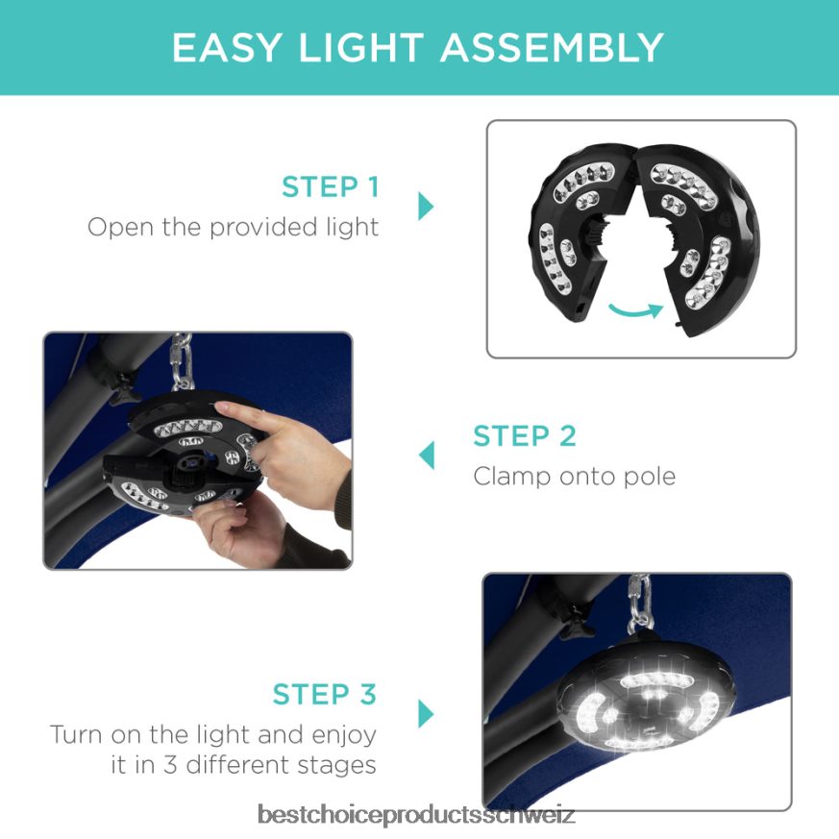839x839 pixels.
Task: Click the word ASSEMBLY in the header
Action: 552,48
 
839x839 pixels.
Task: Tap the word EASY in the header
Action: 227,48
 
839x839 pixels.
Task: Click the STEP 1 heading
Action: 331,186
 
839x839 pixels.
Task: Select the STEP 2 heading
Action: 525,435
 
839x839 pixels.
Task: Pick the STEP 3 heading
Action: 324,694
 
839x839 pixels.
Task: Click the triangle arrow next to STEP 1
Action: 426,206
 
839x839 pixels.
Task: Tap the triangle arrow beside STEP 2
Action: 427,456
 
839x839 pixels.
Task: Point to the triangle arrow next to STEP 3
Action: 426,714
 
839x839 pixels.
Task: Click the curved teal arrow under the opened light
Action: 635,310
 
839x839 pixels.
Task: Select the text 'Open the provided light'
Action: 233,227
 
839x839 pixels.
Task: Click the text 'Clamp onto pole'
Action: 574,476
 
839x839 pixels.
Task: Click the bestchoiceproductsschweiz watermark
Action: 416,814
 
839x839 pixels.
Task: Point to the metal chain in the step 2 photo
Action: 182,361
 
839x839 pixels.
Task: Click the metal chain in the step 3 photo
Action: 639,602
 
